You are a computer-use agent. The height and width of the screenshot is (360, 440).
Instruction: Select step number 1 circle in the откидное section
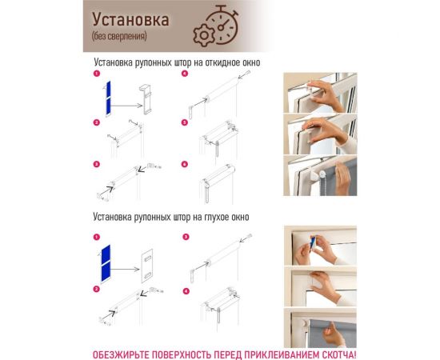96,74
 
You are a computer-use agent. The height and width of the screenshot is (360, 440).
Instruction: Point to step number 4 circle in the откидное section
184,74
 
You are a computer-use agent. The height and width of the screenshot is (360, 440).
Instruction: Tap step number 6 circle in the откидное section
184,165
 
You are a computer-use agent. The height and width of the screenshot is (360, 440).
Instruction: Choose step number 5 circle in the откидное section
184,122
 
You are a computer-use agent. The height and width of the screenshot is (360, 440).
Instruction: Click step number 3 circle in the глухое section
186,238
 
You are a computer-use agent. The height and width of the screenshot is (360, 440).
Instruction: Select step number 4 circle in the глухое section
186,290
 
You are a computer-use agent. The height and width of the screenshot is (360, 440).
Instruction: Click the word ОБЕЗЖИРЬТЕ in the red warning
121,354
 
